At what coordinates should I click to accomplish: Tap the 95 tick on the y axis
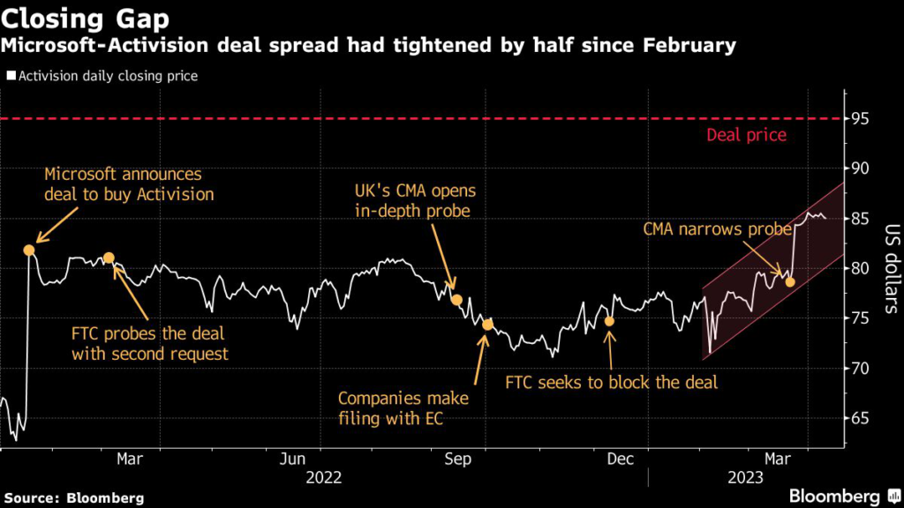pos(862,118)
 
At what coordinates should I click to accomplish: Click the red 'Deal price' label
pos(746,136)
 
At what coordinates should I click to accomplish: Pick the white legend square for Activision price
pos(11,76)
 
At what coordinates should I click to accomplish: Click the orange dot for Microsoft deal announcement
pos(29,250)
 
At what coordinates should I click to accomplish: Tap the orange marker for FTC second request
pos(109,258)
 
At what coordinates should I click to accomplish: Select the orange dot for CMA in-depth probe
pos(456,300)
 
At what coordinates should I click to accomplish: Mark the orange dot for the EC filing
pos(486,325)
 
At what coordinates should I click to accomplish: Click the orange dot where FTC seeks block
pos(609,321)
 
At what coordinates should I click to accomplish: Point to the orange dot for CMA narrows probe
pos(790,282)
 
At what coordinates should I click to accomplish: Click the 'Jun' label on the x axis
pos(292,459)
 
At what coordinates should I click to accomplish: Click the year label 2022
pos(323,477)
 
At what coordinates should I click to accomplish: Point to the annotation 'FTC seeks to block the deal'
pos(611,383)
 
